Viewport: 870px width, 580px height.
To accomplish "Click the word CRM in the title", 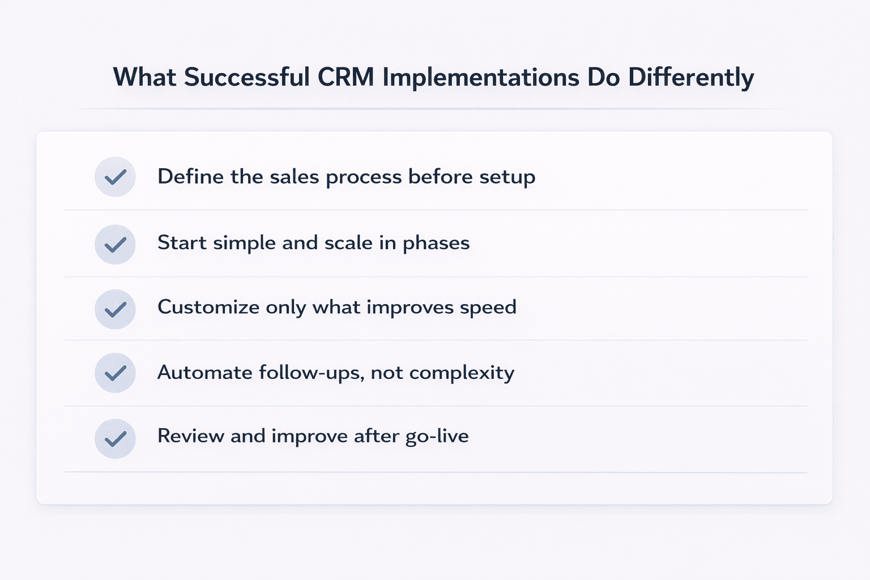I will tap(346, 78).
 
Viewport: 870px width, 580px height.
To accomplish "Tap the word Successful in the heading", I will tap(246, 78).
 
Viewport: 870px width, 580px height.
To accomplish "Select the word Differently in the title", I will tap(690, 78).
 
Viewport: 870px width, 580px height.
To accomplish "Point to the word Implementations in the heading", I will tap(481, 78).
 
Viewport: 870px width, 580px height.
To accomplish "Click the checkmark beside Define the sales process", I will tap(115, 177).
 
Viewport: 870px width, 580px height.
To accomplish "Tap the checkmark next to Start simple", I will tap(115, 245).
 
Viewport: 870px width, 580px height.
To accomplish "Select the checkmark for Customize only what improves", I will tap(115, 309).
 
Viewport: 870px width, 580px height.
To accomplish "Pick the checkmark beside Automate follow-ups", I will tap(115, 373).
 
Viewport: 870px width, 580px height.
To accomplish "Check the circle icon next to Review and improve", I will tap(115, 438).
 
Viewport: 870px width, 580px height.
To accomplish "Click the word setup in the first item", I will tap(507, 177).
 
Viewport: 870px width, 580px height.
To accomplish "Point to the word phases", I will tap(436, 244).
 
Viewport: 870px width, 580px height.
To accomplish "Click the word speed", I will tap(488, 308).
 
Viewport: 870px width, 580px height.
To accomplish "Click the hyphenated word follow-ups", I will tap(311, 373).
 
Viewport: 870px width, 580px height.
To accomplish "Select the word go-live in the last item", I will tap(437, 437).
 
